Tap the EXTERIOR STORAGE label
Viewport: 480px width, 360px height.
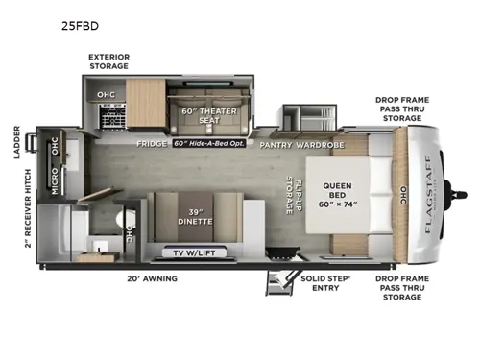[108, 61]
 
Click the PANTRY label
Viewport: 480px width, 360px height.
[276, 144]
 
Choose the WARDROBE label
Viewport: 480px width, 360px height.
[323, 144]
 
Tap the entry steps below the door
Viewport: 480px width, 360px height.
[279, 278]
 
